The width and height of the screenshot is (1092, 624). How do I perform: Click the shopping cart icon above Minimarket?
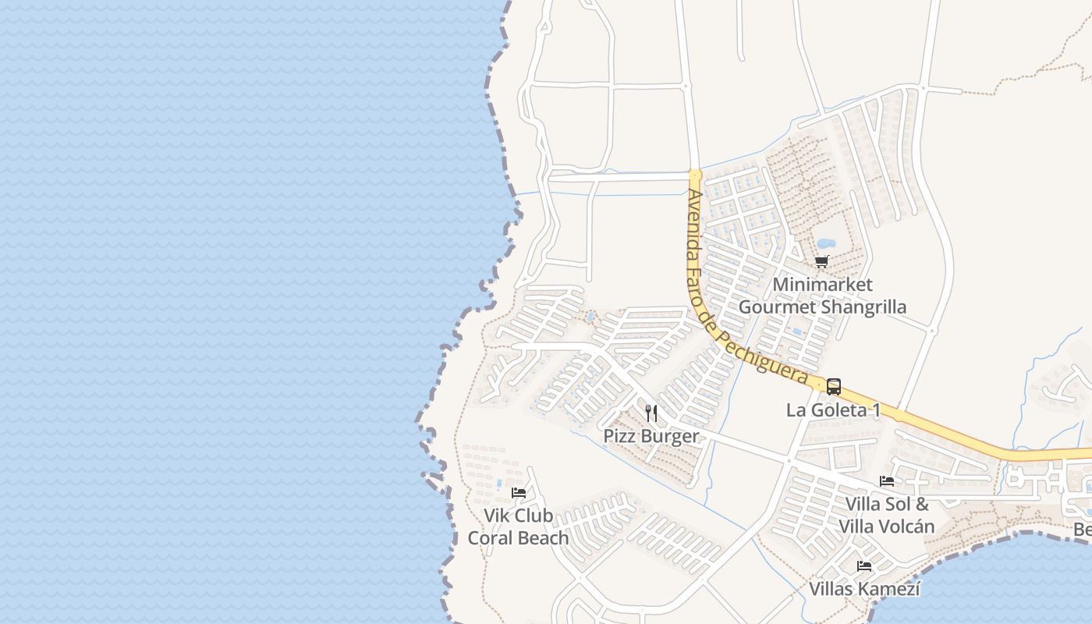click(821, 262)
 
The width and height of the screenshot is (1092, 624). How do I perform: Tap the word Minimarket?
click(822, 285)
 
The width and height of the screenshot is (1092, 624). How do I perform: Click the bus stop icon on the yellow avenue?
click(833, 386)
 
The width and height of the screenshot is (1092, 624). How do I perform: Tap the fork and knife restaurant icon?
click(651, 413)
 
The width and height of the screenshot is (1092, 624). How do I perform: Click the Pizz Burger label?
click(651, 436)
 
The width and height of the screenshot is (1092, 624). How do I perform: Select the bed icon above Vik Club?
click(518, 493)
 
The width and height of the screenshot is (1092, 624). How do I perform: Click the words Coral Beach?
click(518, 538)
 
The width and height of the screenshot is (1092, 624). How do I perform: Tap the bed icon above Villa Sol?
click(887, 481)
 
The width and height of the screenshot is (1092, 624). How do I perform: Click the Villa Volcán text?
click(886, 526)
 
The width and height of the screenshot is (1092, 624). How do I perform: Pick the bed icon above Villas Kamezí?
click(864, 566)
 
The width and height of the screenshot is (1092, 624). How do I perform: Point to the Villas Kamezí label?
click(864, 589)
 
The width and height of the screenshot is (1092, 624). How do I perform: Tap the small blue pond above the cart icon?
click(824, 243)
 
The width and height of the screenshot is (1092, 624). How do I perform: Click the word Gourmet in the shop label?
click(776, 307)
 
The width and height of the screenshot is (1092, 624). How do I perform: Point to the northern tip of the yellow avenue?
click(696, 174)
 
